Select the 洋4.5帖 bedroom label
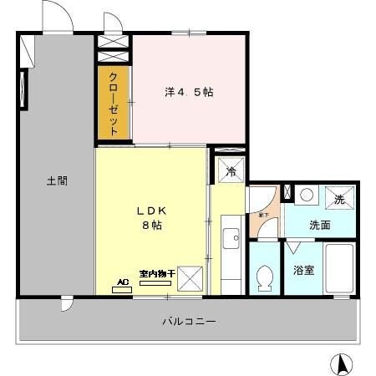tap(188, 92)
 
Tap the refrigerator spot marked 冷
tap(231, 171)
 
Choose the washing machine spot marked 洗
tap(339, 199)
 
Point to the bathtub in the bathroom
tap(340, 269)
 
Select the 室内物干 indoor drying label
tap(156, 273)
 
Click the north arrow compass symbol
tap(341, 365)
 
